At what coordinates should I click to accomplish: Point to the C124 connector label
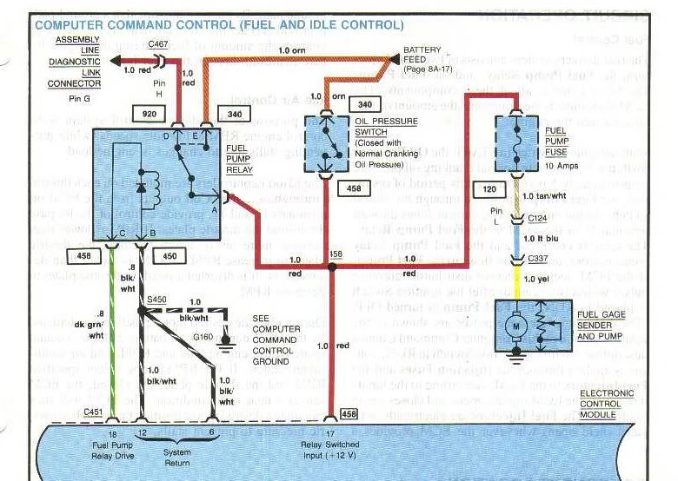point(539,220)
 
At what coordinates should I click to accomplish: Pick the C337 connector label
point(539,258)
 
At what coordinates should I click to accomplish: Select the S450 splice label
point(156,299)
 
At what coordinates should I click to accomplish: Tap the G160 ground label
point(203,336)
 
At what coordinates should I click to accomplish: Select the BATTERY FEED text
point(422,56)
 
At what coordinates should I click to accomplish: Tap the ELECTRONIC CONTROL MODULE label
point(606,404)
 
